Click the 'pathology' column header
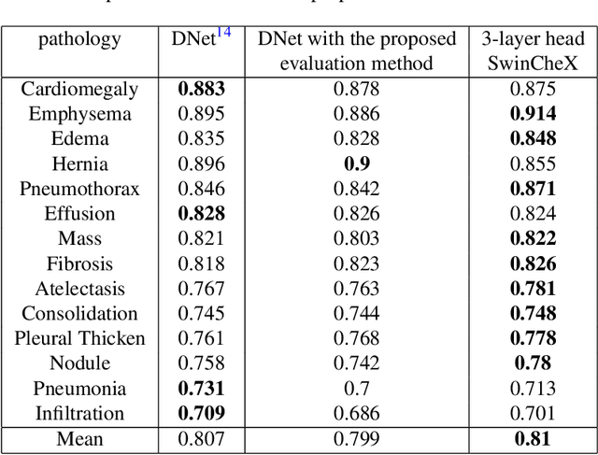point(79,40)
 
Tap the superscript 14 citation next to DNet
point(223,34)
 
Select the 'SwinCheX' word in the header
point(534,64)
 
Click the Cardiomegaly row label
point(79,90)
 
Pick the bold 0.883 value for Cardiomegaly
point(198,90)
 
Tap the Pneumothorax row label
point(79,189)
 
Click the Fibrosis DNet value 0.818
point(198,263)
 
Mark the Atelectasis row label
point(79,289)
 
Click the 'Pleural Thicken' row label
point(79,338)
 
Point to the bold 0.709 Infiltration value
point(198,413)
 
